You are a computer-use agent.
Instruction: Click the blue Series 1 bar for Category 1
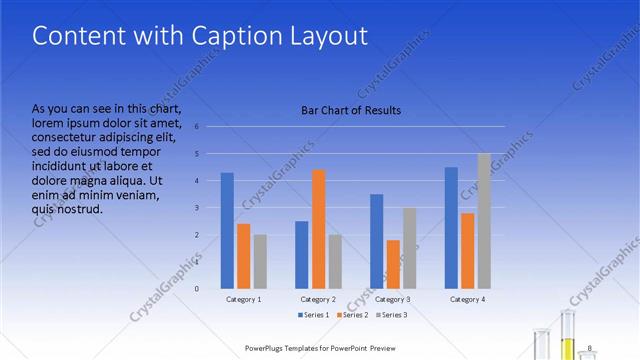227,230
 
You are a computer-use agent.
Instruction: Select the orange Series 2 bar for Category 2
319,229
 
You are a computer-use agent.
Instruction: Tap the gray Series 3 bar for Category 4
484,221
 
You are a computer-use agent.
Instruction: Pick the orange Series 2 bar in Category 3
393,264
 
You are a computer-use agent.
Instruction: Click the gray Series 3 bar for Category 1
260,261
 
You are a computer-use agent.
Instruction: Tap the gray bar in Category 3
410,248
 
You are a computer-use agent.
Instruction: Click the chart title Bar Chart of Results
351,110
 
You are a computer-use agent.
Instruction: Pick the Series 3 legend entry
392,315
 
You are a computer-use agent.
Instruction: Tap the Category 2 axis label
319,299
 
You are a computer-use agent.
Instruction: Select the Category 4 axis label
468,299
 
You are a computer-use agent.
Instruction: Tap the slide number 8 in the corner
590,347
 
